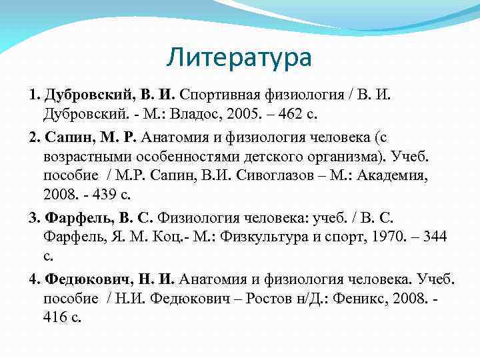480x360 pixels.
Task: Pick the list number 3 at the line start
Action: point(34,217)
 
